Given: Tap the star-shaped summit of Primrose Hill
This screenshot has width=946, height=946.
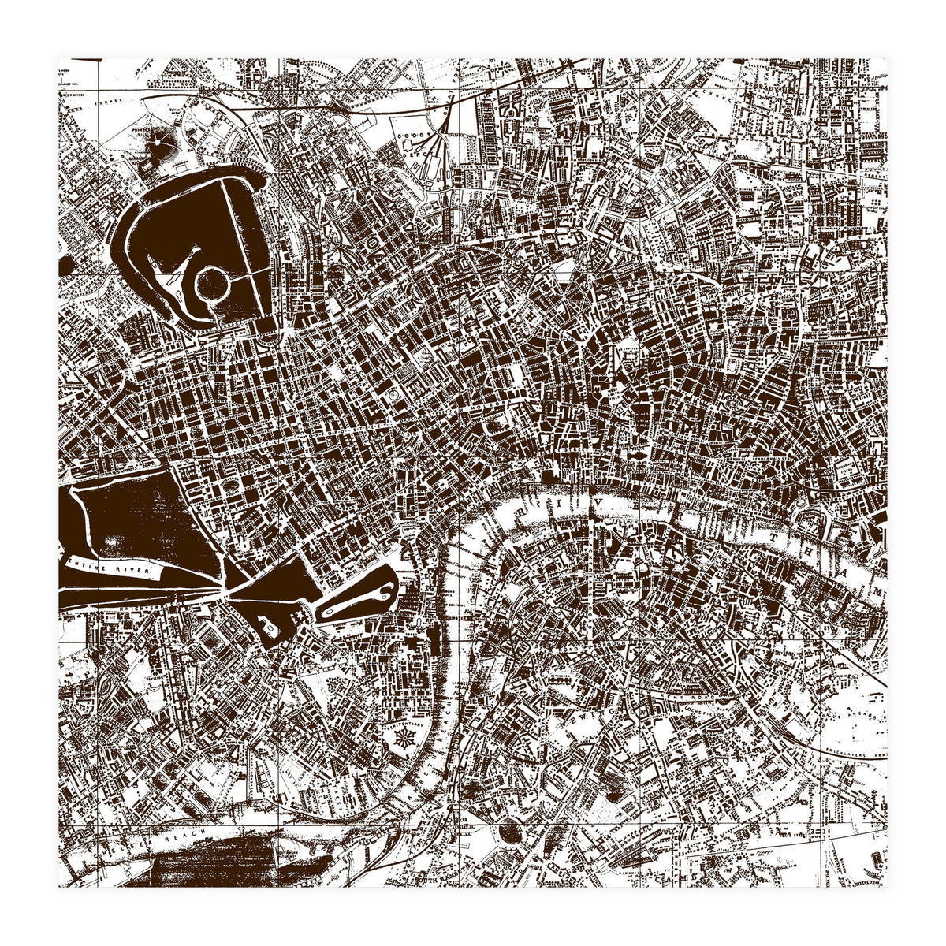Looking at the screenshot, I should tap(163, 144).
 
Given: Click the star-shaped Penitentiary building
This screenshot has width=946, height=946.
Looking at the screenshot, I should tap(404, 741).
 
